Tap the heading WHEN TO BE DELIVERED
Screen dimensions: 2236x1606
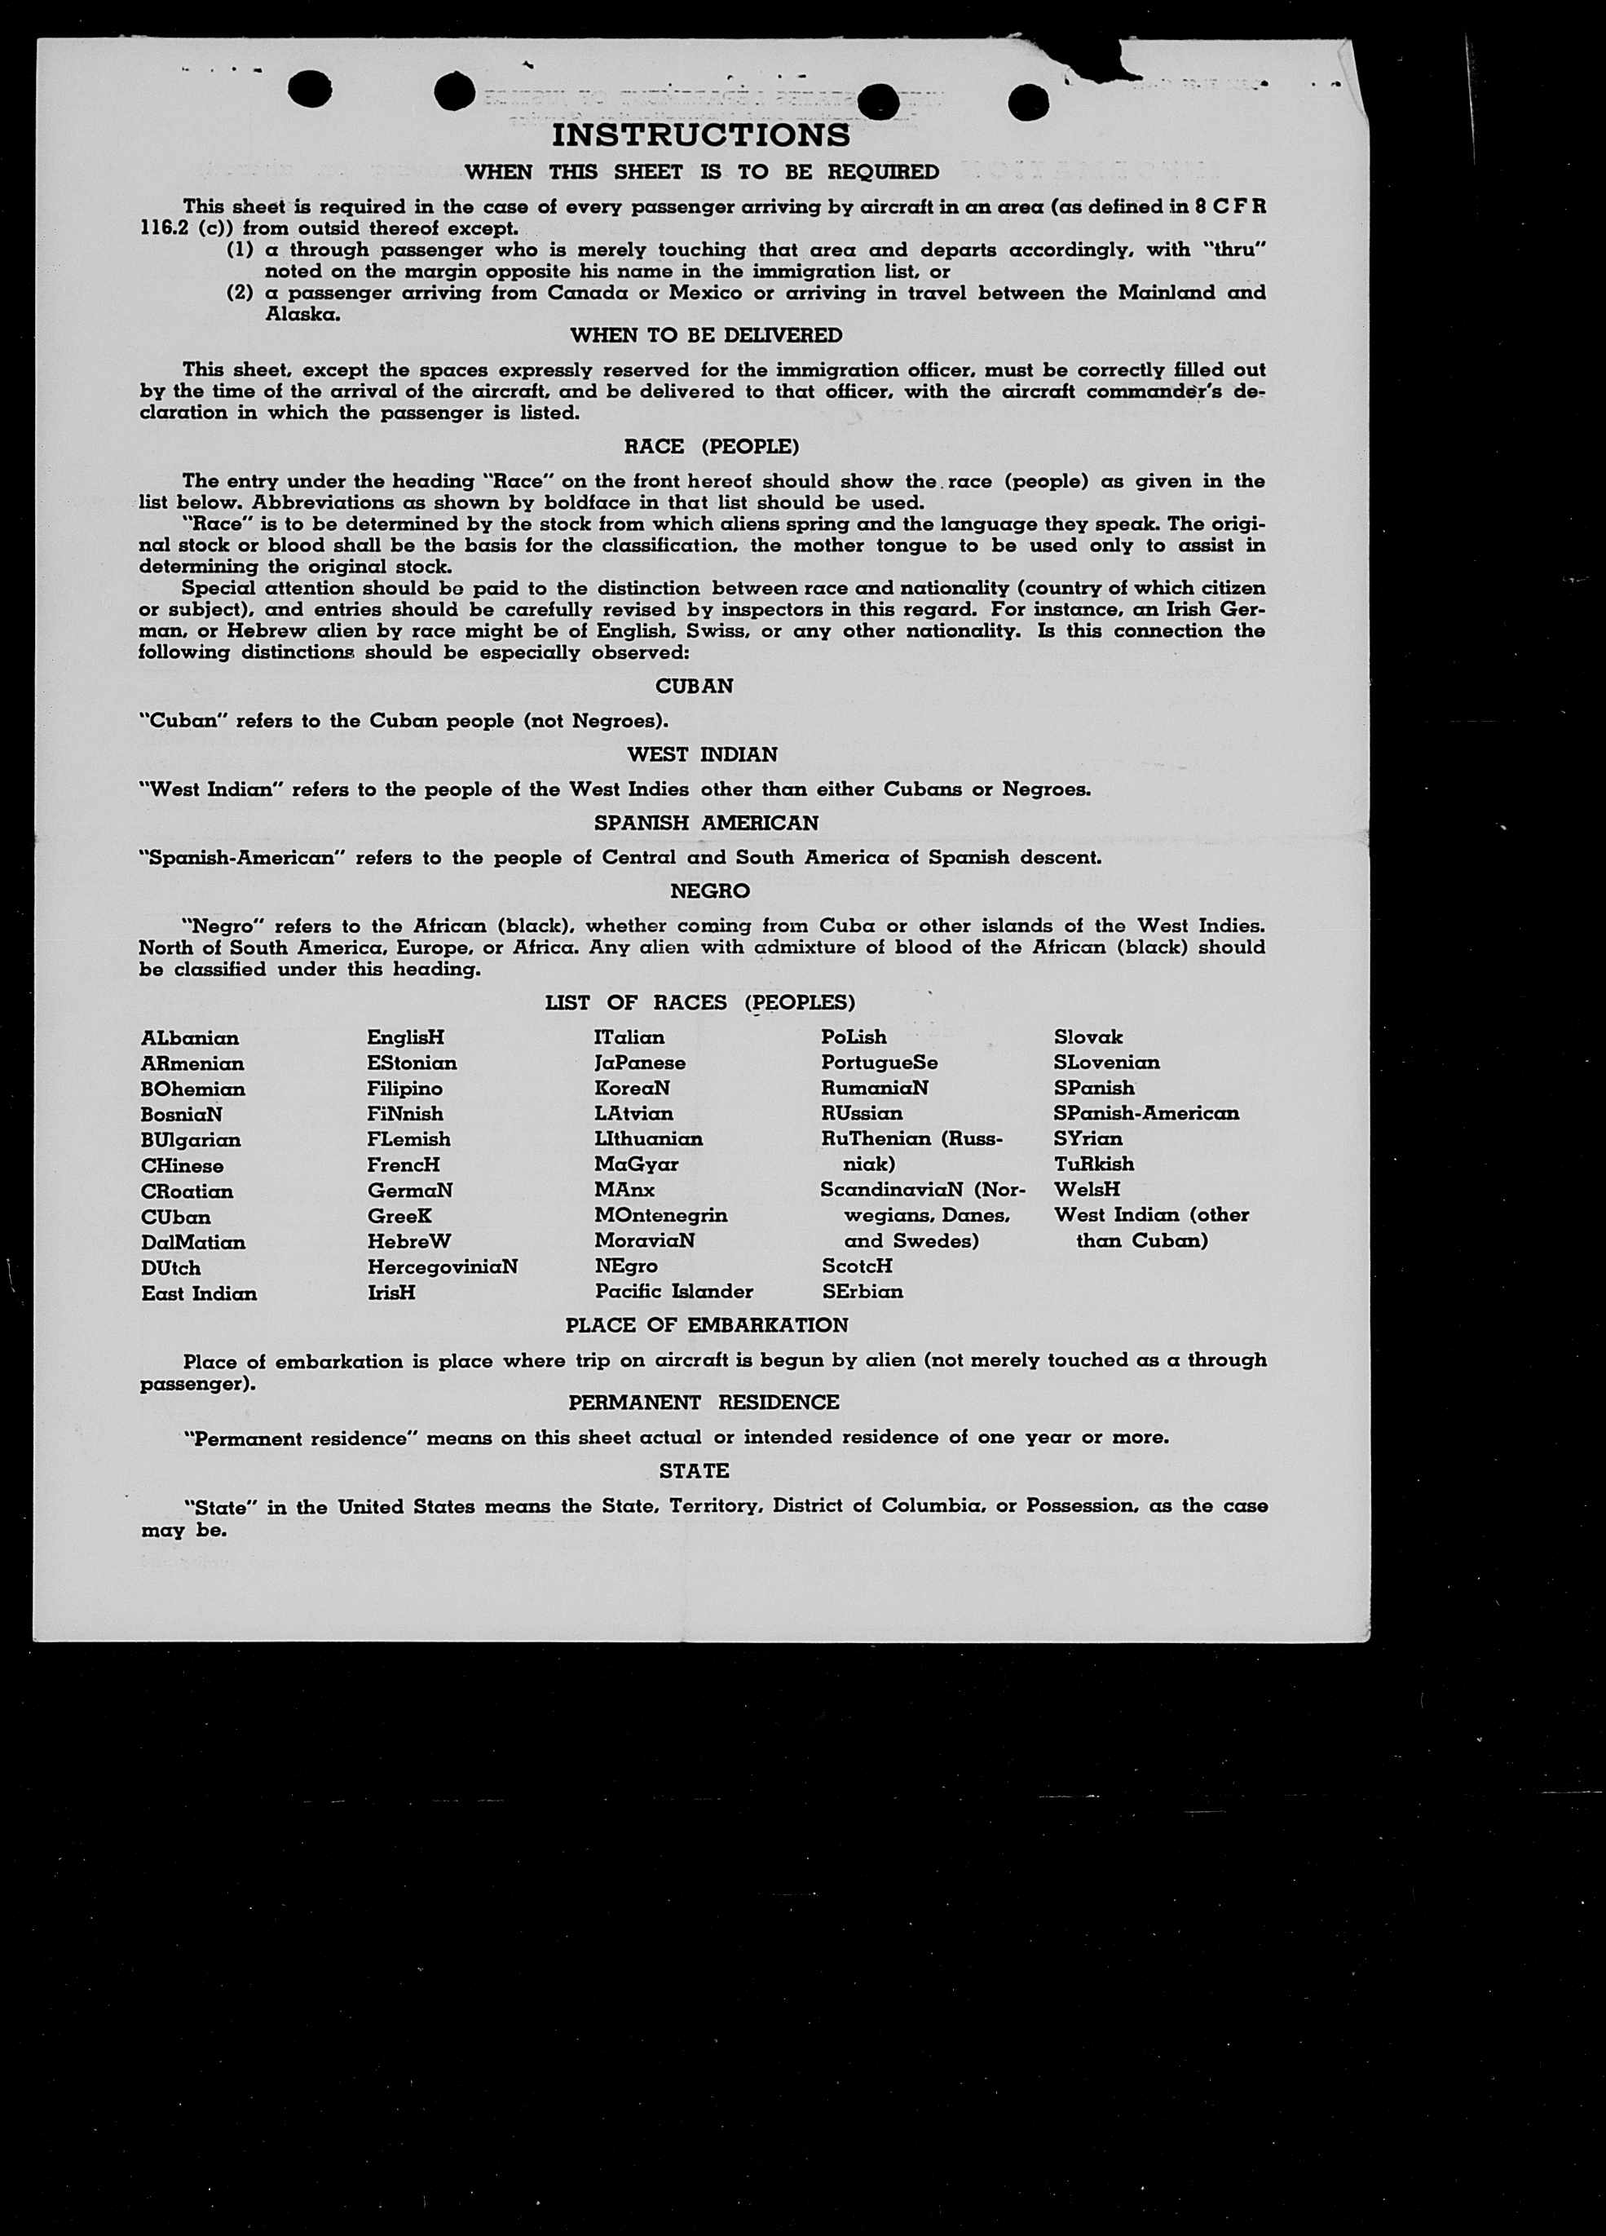pyautogui.click(x=706, y=335)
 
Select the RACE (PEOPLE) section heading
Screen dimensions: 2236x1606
pyautogui.click(x=712, y=447)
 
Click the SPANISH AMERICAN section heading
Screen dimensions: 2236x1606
pyautogui.click(x=706, y=822)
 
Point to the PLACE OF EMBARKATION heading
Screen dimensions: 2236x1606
pyautogui.click(x=706, y=1325)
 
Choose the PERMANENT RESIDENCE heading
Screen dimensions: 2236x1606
pyautogui.click(x=704, y=1402)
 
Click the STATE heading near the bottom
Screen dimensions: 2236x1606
pyautogui.click(x=694, y=1470)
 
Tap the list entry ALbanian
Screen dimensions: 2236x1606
pyautogui.click(x=190, y=1038)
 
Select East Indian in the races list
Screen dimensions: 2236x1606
pyautogui.click(x=199, y=1293)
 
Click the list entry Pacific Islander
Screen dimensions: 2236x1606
pyautogui.click(x=673, y=1292)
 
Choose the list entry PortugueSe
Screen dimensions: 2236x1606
pyautogui.click(x=880, y=1063)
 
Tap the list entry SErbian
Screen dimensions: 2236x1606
pyautogui.click(x=862, y=1292)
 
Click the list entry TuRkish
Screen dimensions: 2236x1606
pyautogui.click(x=1094, y=1164)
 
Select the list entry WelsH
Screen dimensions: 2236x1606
pyautogui.click(x=1088, y=1189)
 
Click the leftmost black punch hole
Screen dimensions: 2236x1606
pyautogui.click(x=310, y=91)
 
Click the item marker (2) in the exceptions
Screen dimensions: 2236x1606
pyautogui.click(x=240, y=293)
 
